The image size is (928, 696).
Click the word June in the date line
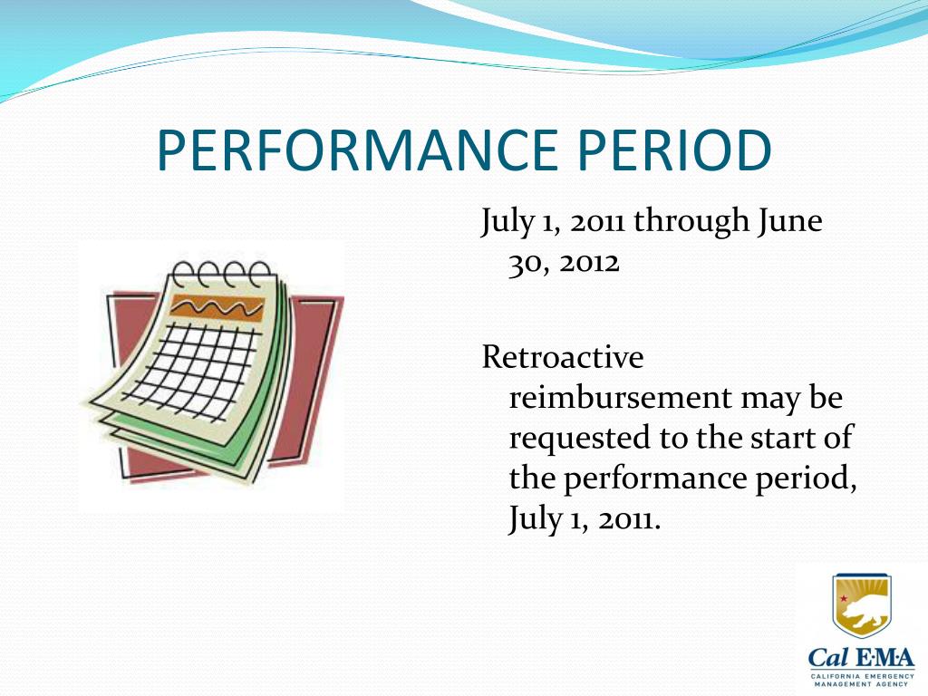[790, 220]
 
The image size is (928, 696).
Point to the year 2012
[589, 262]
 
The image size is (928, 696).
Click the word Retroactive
[562, 357]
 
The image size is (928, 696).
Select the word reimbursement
[620, 397]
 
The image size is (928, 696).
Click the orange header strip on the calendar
[217, 308]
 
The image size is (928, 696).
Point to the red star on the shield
[845, 599]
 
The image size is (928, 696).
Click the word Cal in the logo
[829, 658]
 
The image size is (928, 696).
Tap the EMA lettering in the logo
[884, 658]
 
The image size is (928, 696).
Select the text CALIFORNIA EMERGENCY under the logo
[863, 676]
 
